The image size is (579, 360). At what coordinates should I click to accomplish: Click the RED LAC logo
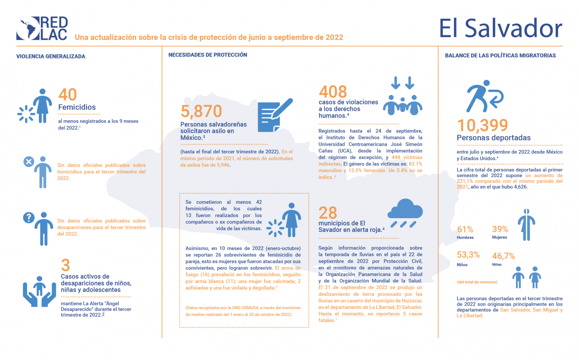click(x=42, y=28)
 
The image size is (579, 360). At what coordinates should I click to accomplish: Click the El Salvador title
click(x=500, y=28)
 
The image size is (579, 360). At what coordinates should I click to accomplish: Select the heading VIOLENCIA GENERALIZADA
click(x=51, y=57)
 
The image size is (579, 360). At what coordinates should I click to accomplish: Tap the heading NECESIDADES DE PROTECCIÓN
click(x=208, y=55)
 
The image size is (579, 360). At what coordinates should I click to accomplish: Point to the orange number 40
click(x=68, y=95)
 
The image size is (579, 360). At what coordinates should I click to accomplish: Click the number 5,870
click(x=201, y=111)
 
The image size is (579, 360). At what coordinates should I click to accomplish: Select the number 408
click(x=333, y=92)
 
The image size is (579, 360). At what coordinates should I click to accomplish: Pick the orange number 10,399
click(x=482, y=125)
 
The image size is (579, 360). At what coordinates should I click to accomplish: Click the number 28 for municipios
click(x=328, y=213)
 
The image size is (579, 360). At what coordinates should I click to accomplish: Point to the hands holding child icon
click(x=39, y=291)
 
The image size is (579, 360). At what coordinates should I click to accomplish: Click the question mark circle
click(x=29, y=218)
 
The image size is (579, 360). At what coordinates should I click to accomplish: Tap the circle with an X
click(x=29, y=162)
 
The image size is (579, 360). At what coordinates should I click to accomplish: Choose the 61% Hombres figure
click(x=465, y=230)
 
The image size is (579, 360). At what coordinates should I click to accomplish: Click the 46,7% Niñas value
click(x=503, y=256)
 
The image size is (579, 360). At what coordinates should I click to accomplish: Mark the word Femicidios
click(x=77, y=107)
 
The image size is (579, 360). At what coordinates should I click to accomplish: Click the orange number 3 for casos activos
click(x=66, y=265)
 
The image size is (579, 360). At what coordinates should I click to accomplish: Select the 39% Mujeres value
click(x=500, y=229)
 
